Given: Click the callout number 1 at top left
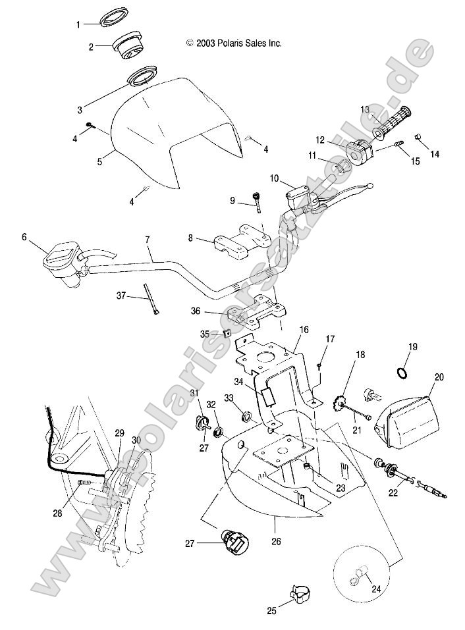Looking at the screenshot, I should [78, 24].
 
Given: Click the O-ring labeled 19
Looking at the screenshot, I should [402, 374].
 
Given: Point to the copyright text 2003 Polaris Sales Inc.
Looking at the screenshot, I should [234, 43].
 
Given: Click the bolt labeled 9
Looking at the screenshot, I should [257, 200].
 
